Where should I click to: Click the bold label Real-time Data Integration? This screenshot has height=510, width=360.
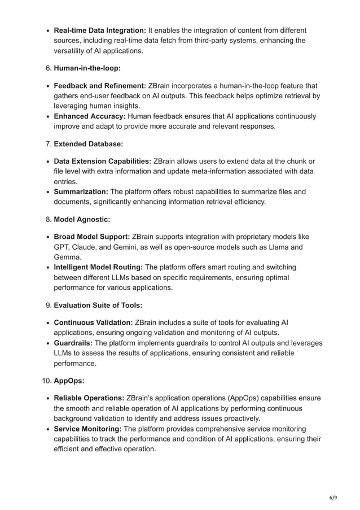[100, 30]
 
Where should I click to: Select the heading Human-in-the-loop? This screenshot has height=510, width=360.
[87, 68]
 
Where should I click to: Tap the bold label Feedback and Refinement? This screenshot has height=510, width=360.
[99, 85]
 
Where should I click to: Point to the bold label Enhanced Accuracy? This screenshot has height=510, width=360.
[89, 116]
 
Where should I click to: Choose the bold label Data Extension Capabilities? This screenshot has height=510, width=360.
[102, 162]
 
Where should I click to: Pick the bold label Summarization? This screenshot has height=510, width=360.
[81, 191]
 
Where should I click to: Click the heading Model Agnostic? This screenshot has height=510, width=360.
[82, 220]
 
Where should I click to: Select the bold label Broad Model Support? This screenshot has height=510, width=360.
[92, 237]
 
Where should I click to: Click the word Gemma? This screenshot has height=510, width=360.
[67, 257]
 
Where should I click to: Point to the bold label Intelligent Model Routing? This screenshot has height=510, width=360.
[98, 267]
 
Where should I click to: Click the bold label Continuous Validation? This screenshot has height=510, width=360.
[93, 322]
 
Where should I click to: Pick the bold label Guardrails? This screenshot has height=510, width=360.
[73, 343]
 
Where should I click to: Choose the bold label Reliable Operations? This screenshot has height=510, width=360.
[89, 398]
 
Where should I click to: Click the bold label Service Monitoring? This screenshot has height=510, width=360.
[87, 429]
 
